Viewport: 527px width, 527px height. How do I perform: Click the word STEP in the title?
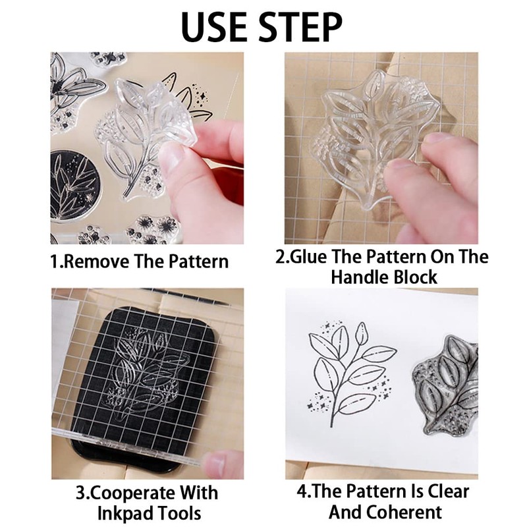point(301,26)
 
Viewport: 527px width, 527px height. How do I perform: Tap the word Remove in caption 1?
point(96,261)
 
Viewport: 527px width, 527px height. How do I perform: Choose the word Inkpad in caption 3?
point(125,514)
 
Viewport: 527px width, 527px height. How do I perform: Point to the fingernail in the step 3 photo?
point(215,463)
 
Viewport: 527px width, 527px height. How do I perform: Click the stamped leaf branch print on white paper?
point(351,373)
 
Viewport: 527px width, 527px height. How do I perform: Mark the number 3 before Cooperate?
point(80,493)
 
